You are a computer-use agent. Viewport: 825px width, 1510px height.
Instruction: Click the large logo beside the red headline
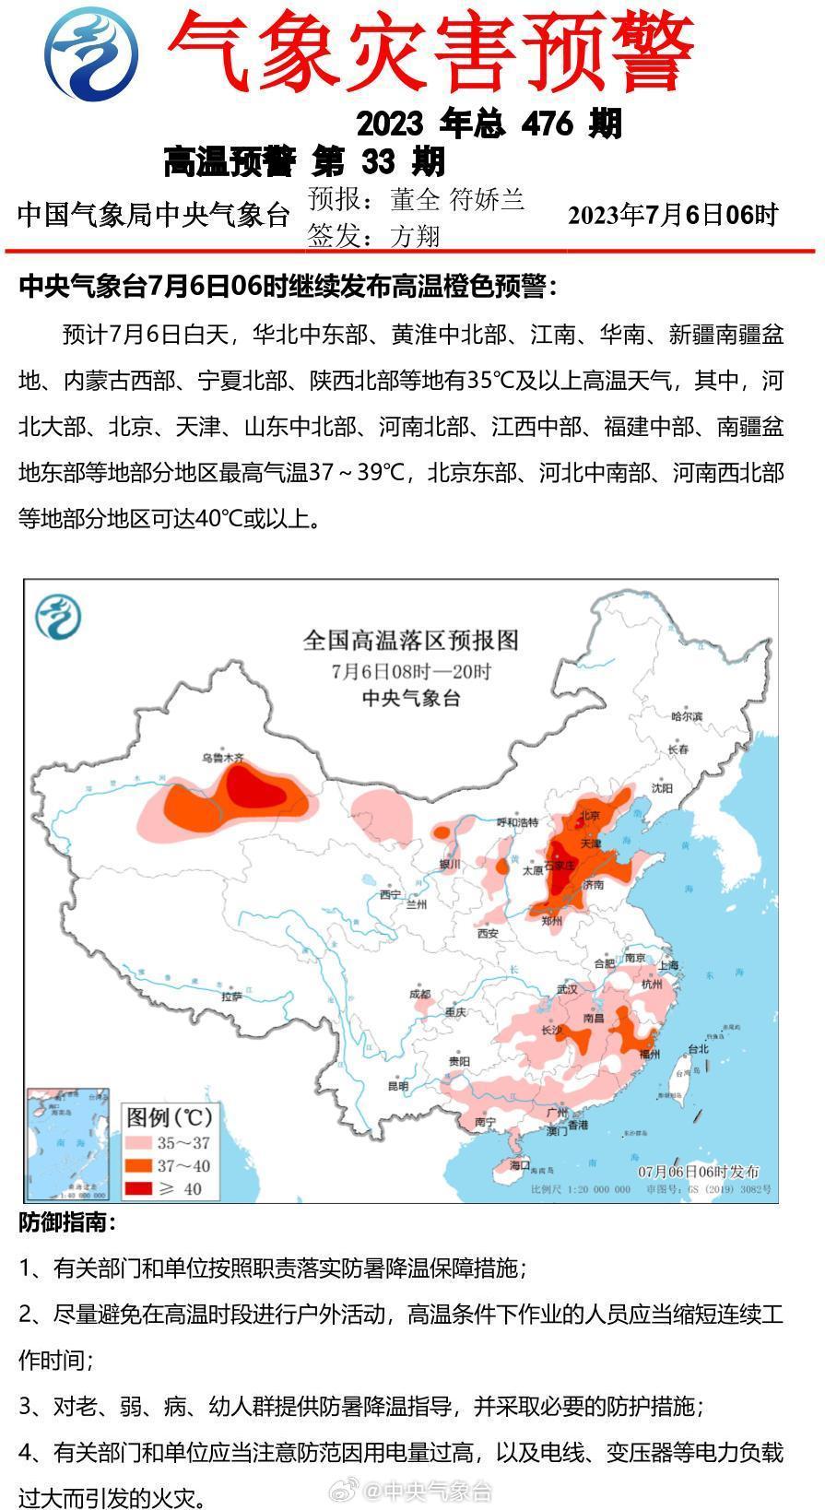92,53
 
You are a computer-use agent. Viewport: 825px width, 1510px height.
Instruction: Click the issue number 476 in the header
547,124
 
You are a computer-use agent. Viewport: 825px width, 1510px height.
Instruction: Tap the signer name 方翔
415,237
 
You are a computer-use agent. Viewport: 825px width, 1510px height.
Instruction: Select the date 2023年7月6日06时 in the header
672,215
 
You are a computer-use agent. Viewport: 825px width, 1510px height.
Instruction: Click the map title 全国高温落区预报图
411,640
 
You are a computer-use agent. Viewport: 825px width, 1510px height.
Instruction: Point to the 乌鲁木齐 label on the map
223,758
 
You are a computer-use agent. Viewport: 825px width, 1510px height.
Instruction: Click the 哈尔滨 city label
687,716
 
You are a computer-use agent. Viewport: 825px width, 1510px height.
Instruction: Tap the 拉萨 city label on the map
231,997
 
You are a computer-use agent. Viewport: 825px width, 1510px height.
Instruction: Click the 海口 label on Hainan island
521,1164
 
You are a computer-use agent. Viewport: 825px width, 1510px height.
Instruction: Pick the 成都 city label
419,994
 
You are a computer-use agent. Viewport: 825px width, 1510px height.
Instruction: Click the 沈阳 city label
662,788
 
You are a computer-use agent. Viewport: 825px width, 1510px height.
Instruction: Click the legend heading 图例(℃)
170,1117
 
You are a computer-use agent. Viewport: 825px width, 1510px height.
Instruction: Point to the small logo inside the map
57,617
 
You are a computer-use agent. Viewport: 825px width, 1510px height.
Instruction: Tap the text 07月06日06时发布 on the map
699,1171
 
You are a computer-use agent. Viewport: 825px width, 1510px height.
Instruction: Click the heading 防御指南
67,1223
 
